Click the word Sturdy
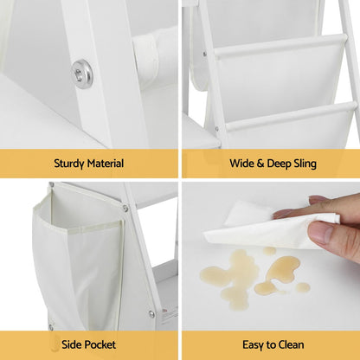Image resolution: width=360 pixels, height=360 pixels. (69, 164)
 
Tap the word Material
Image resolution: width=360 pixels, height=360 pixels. (106, 164)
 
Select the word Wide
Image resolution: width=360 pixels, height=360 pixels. (241, 164)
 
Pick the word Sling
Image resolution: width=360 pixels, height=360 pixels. (305, 164)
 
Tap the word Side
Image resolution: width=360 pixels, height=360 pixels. (71, 344)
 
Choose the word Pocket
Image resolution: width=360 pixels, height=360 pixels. (100, 344)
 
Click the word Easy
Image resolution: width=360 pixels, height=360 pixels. (253, 345)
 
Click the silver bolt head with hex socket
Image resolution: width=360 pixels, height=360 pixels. (82, 74)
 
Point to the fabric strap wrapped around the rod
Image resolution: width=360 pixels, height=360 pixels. (146, 61)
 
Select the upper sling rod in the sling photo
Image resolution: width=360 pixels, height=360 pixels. (280, 45)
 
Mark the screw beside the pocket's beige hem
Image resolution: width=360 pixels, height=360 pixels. (125, 208)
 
